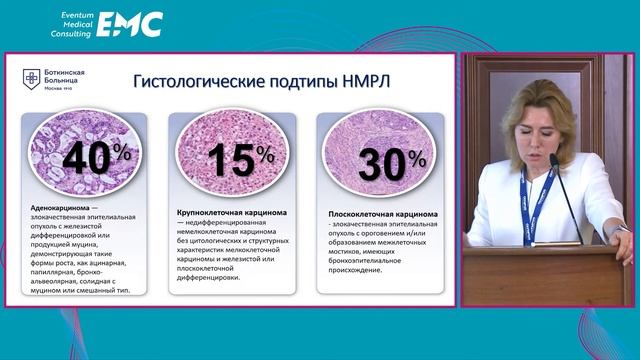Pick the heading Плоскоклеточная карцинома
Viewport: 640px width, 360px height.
[379, 213]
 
